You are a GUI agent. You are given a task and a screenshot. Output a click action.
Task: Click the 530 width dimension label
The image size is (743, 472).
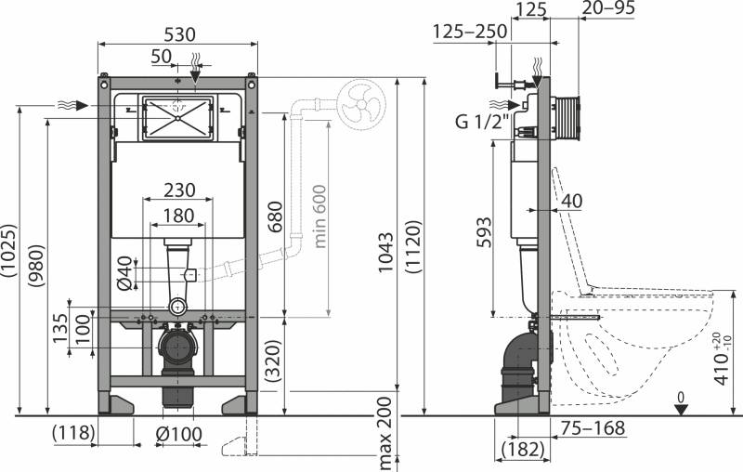pos(179,34)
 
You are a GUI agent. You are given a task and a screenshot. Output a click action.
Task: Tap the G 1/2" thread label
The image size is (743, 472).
pos(482,122)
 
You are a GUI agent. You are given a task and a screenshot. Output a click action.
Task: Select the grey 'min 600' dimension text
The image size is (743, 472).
pos(320,216)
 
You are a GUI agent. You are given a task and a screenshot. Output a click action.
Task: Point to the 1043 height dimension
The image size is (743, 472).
pos(385,252)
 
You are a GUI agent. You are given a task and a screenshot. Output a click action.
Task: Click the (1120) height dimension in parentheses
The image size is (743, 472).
pos(413,246)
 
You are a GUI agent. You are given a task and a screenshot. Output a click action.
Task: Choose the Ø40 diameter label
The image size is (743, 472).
pos(124,273)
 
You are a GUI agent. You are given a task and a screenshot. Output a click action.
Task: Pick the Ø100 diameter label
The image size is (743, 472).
pos(178,434)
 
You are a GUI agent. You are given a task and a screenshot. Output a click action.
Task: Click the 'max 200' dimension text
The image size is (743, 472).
pos(385,434)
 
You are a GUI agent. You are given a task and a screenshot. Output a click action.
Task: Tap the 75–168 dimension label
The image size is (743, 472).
pos(593,428)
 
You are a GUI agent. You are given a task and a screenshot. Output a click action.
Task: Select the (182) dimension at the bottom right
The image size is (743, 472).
pos(523,449)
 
